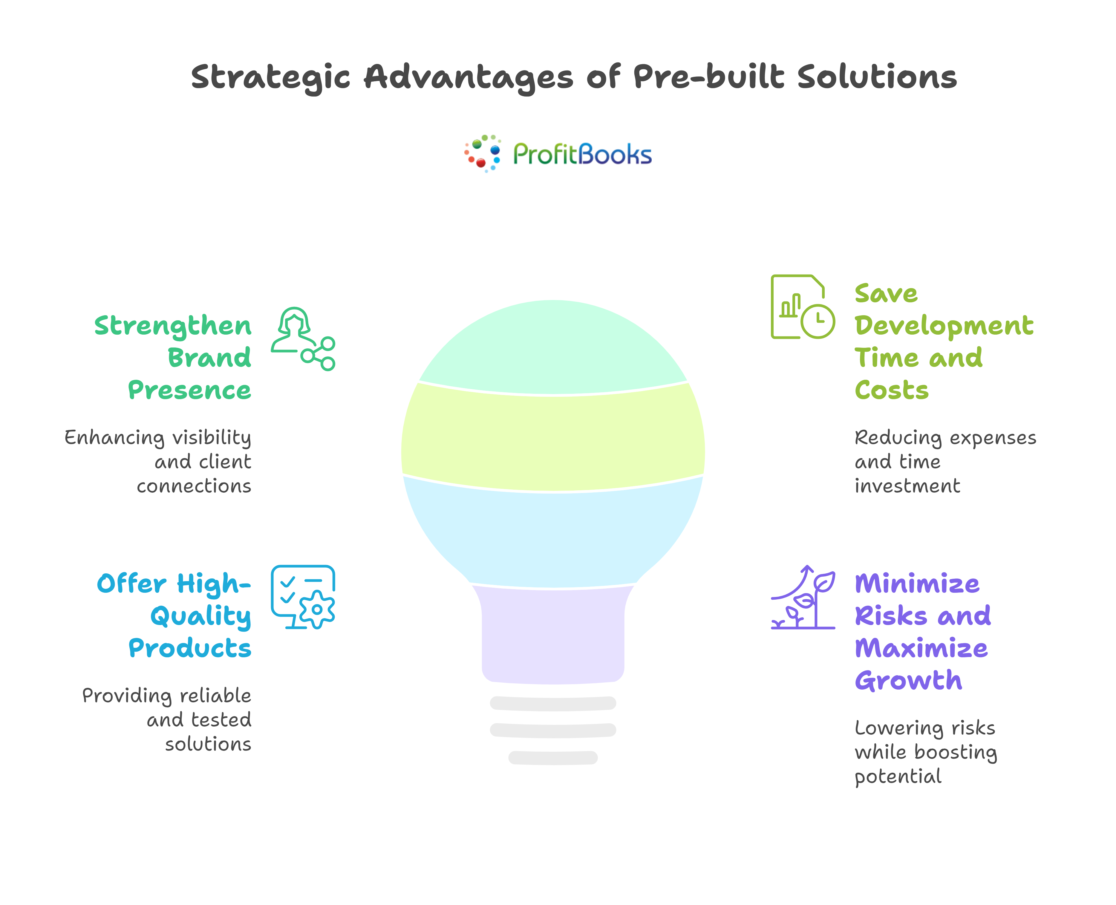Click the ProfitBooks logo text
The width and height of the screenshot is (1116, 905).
pos(582,154)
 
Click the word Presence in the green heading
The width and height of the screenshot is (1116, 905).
pos(190,391)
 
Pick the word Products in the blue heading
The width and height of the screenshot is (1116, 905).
pos(190,649)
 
